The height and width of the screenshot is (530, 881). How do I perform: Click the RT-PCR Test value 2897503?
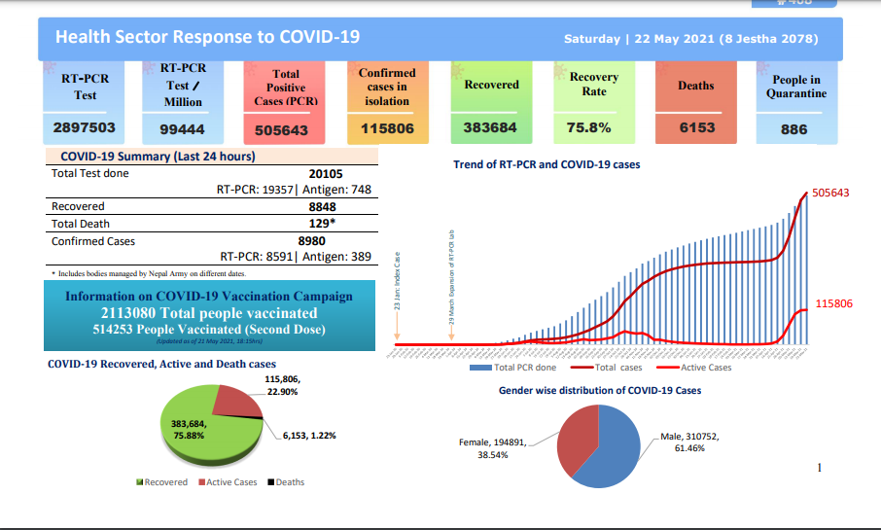[x=85, y=127]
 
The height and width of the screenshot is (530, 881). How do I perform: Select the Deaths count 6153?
[x=696, y=127]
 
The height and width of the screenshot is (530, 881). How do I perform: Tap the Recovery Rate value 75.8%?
[x=588, y=127]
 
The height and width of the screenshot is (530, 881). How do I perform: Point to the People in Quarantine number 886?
[x=793, y=129]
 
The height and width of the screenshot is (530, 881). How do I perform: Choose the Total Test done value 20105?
[x=328, y=173]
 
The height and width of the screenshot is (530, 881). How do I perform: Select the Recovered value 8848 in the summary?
[x=323, y=207]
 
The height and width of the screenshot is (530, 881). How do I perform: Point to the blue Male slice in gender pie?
[x=618, y=447]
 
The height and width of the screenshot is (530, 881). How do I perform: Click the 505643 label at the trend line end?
[x=830, y=193]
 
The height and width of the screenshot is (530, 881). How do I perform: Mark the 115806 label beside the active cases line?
[x=833, y=303]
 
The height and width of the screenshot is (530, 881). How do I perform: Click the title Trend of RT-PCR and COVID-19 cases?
[x=546, y=165]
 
